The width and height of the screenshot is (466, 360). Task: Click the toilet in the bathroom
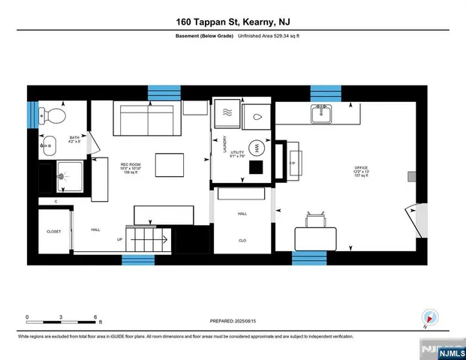pyautogui.click(x=52, y=115)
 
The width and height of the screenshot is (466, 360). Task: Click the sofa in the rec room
pyautogui.click(x=148, y=118)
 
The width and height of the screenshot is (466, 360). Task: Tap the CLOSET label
pyautogui.click(x=54, y=232)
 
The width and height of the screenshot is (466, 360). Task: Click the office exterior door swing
pyautogui.click(x=408, y=217)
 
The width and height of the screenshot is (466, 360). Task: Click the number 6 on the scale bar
pyautogui.click(x=96, y=316)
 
